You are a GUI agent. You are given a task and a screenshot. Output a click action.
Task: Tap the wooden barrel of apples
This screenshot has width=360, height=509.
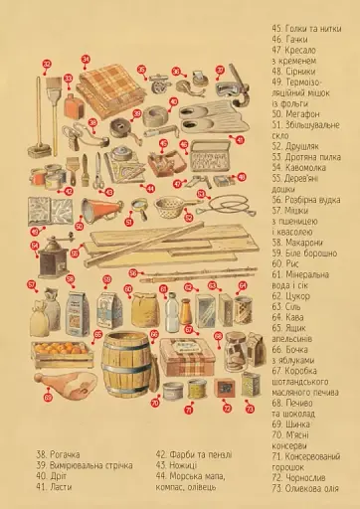(124, 364)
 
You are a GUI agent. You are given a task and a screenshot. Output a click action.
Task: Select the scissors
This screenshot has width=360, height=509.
(76, 135)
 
